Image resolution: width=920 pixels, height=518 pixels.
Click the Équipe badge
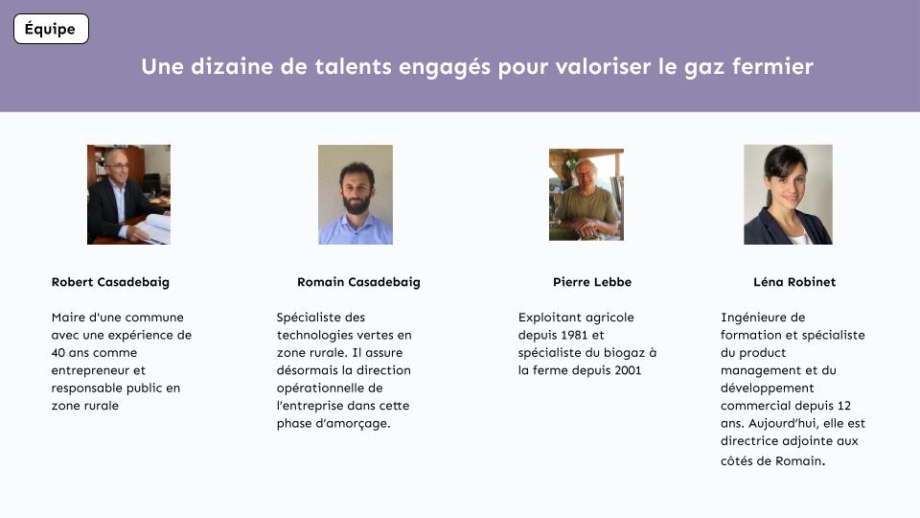coord(51,29)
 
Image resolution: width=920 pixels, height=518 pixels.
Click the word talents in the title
coord(353,66)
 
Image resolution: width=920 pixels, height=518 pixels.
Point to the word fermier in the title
coord(772,66)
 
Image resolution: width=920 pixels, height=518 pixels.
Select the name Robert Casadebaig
coord(110,282)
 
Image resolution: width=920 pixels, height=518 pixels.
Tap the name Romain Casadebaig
coord(358,282)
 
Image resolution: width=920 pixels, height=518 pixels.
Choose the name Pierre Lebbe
coord(592,282)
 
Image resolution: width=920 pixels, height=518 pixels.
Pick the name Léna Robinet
coord(794,282)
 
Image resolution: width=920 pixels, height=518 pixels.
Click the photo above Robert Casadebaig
coord(129,195)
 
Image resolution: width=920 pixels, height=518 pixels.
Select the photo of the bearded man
coord(356,195)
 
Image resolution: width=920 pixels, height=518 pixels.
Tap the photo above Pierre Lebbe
coord(586,195)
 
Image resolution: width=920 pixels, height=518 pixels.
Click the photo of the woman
coord(788,195)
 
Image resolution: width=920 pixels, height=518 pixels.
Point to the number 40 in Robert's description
coord(58,352)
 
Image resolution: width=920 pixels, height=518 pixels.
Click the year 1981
coord(574,335)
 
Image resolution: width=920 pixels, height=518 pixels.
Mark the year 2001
coord(628,370)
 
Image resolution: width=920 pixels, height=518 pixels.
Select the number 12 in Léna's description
coord(843,405)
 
